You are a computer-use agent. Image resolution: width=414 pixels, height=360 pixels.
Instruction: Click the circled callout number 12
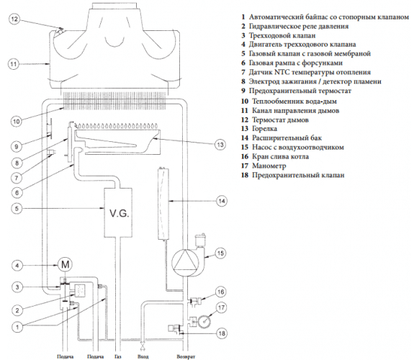coord(14,19)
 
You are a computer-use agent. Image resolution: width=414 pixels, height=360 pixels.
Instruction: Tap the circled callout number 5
coord(17,208)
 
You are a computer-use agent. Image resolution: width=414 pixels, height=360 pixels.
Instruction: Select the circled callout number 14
coord(222,201)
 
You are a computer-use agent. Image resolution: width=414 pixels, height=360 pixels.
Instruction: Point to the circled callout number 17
coord(221,307)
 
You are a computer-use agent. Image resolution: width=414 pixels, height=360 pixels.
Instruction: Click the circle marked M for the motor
coord(65,264)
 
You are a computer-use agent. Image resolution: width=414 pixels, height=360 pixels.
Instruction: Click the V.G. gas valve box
coord(118,212)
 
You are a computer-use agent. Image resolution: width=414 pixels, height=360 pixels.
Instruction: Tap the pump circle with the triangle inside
coord(184,263)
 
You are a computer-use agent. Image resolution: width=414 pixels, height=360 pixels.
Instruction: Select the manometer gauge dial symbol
coord(205,321)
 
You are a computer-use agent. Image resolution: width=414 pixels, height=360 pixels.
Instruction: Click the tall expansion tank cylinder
coord(163,203)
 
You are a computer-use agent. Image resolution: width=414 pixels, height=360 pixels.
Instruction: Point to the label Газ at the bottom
coord(118,356)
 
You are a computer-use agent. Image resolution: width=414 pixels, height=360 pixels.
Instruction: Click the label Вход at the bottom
coord(143,356)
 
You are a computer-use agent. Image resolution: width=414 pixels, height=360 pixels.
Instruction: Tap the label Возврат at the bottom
coord(186,356)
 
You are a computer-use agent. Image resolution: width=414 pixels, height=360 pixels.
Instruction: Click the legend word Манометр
coord(269,166)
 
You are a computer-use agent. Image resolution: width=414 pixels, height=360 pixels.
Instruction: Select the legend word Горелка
coord(264,129)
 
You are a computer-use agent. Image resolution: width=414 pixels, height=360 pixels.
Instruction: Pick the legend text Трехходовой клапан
coord(282,35)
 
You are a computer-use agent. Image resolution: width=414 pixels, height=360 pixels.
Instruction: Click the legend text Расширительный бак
coord(287,138)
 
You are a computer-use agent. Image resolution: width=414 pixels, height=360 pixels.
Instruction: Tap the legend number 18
coord(245,175)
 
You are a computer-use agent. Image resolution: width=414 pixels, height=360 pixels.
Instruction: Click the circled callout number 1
coord(17,328)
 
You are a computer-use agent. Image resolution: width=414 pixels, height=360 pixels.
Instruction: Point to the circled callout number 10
coord(16,121)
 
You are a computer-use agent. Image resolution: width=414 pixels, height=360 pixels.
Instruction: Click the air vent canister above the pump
coord(200,240)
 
